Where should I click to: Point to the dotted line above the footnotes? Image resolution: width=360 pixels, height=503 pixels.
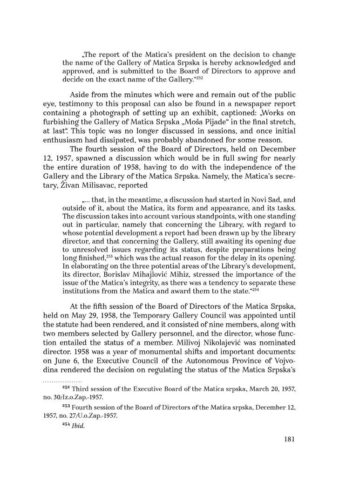[62, 381]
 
